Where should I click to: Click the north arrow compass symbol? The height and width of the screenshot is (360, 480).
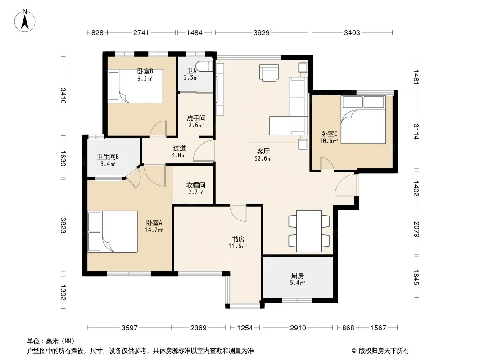tap(25, 21)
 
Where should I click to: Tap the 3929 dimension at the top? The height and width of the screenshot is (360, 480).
tap(262, 32)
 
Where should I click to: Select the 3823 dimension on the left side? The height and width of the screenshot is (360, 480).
tap(63, 225)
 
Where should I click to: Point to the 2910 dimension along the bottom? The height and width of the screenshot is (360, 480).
tap(298, 328)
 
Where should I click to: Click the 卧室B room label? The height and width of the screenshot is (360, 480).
tap(145, 71)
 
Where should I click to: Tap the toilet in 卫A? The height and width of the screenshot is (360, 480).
tap(205, 66)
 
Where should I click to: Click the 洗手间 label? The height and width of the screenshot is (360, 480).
tap(196, 118)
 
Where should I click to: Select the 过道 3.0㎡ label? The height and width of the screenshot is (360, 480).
tap(179, 152)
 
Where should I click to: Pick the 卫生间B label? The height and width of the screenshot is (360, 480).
tap(108, 157)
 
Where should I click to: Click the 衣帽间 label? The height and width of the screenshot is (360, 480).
tap(196, 185)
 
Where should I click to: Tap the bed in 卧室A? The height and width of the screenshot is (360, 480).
tap(113, 232)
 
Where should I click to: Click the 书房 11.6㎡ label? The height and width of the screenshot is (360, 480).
tap(238, 243)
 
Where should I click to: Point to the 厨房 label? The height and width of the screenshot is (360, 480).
tap(298, 275)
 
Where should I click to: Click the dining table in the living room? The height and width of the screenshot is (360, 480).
tap(309, 231)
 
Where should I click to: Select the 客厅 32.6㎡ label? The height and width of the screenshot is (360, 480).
tap(263, 155)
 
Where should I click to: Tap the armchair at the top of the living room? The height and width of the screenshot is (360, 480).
tap(269, 73)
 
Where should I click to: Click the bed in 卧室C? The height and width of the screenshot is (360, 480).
tap(363, 120)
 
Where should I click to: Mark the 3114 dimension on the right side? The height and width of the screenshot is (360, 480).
tap(416, 131)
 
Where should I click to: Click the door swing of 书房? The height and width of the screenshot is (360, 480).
tap(238, 213)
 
